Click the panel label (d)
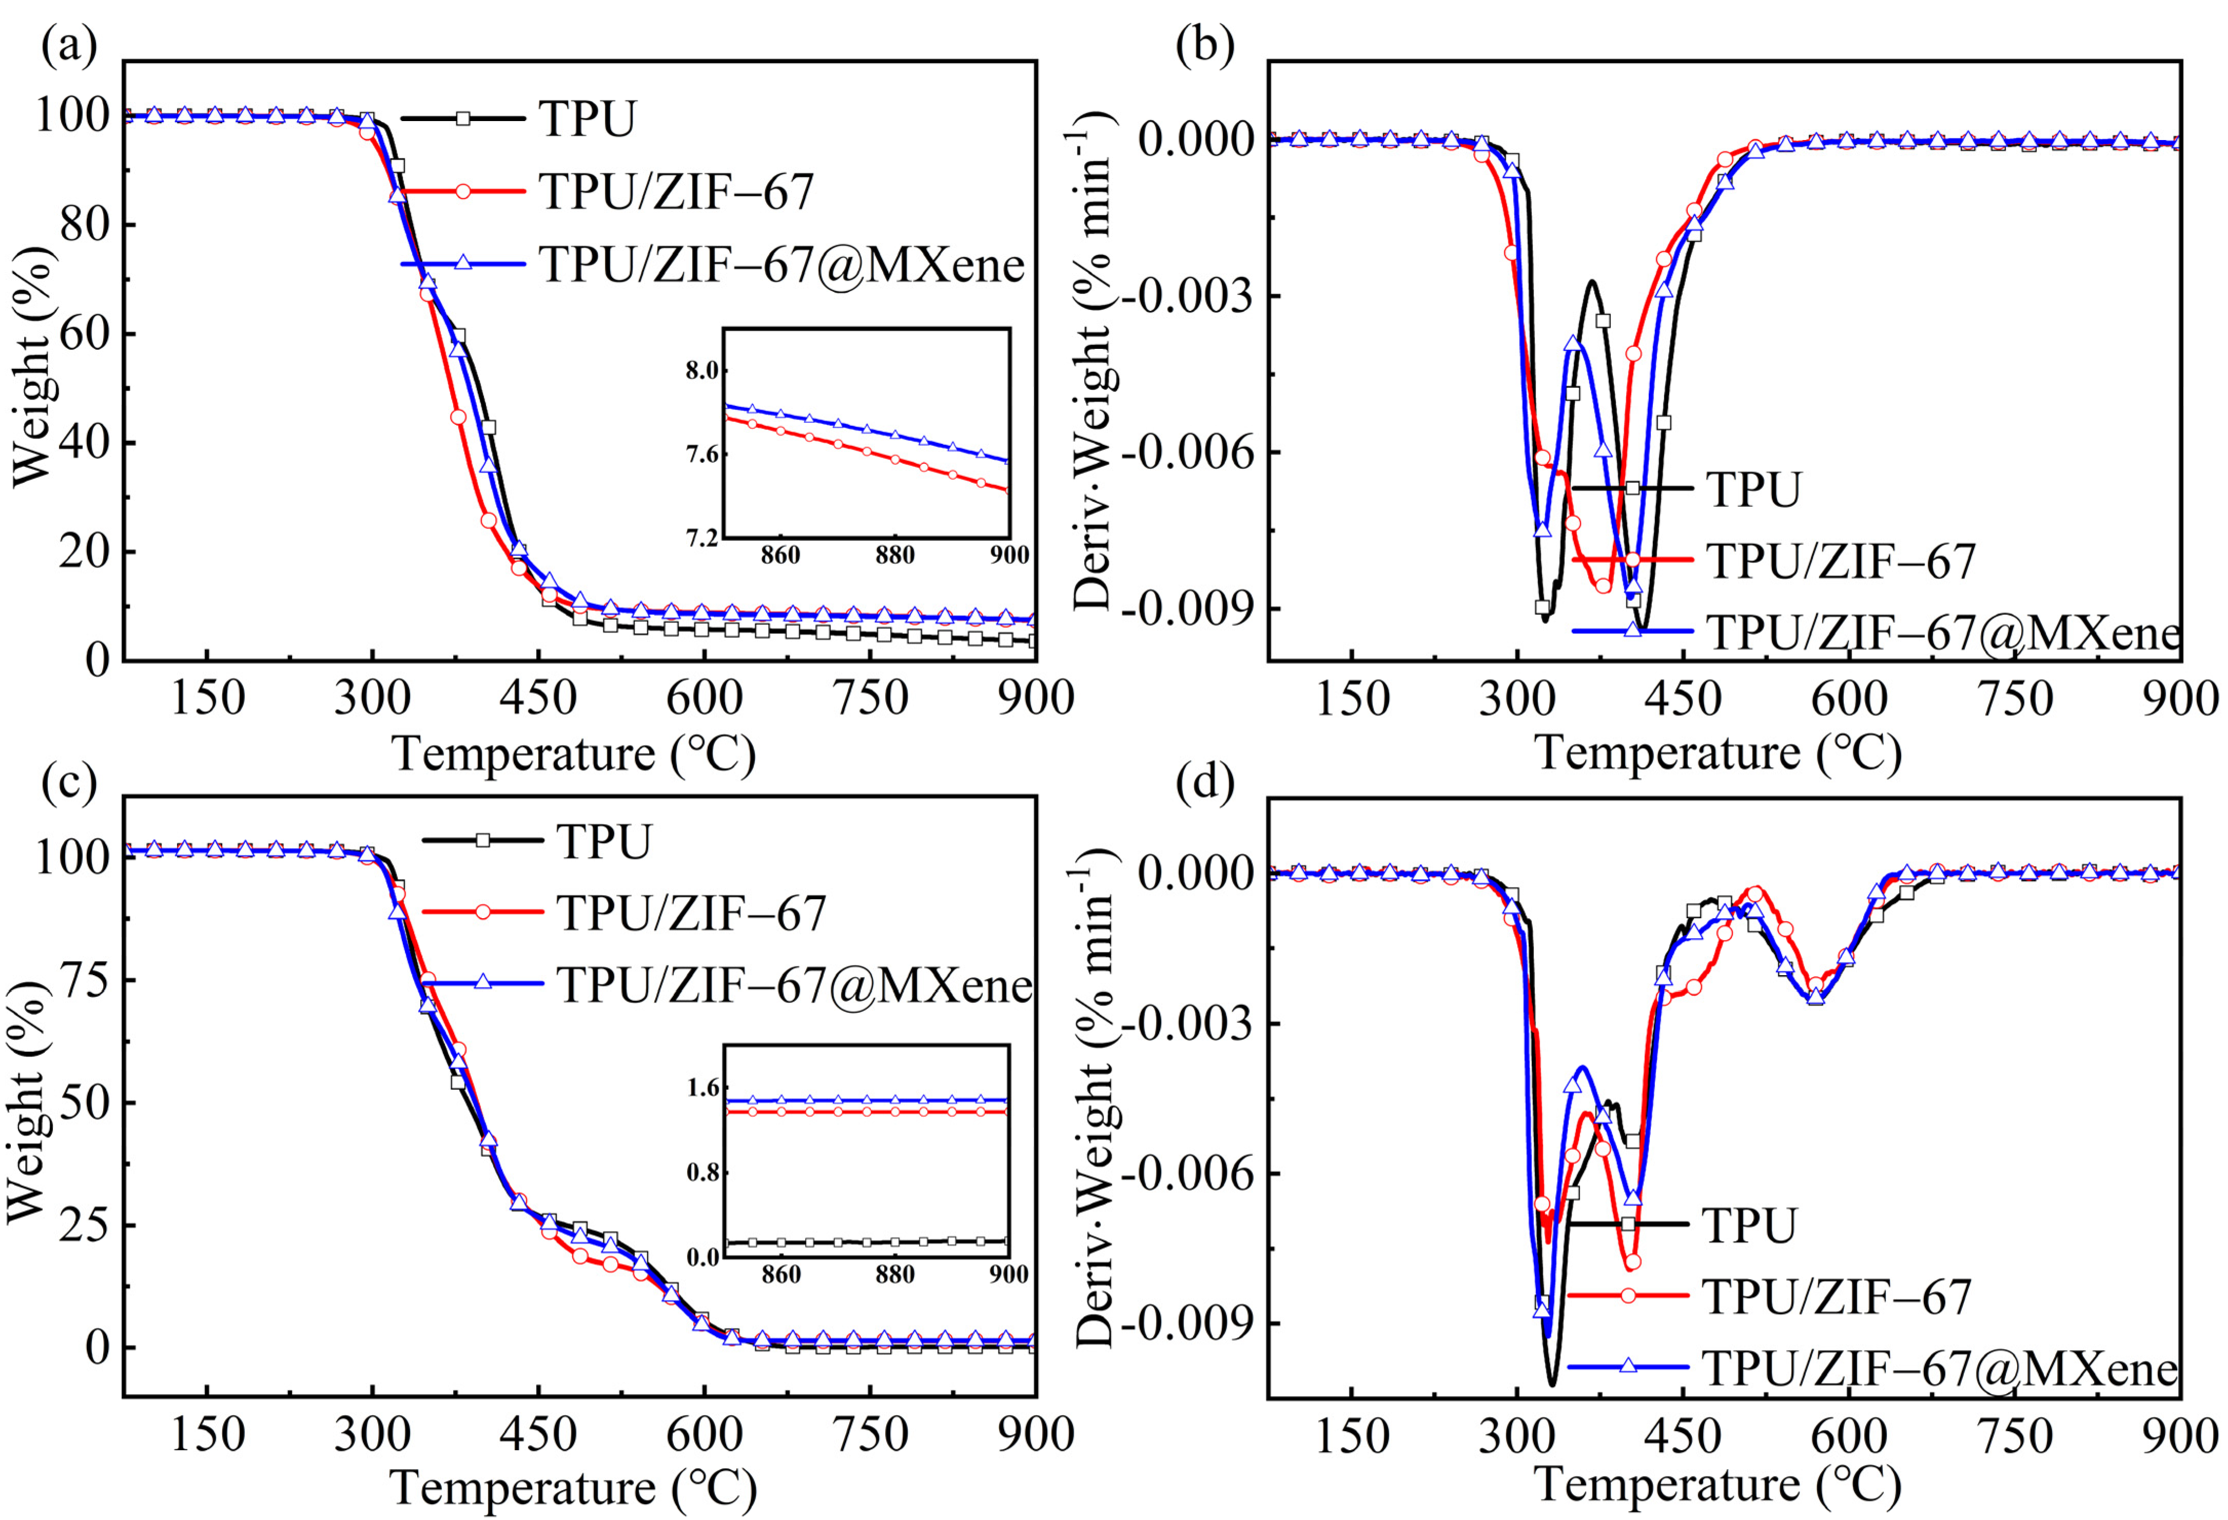tap(1205, 782)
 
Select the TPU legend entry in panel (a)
tap(587, 119)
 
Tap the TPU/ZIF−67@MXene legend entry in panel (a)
tap(781, 264)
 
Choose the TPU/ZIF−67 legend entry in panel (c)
tap(690, 913)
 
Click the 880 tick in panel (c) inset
tap(894, 1275)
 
